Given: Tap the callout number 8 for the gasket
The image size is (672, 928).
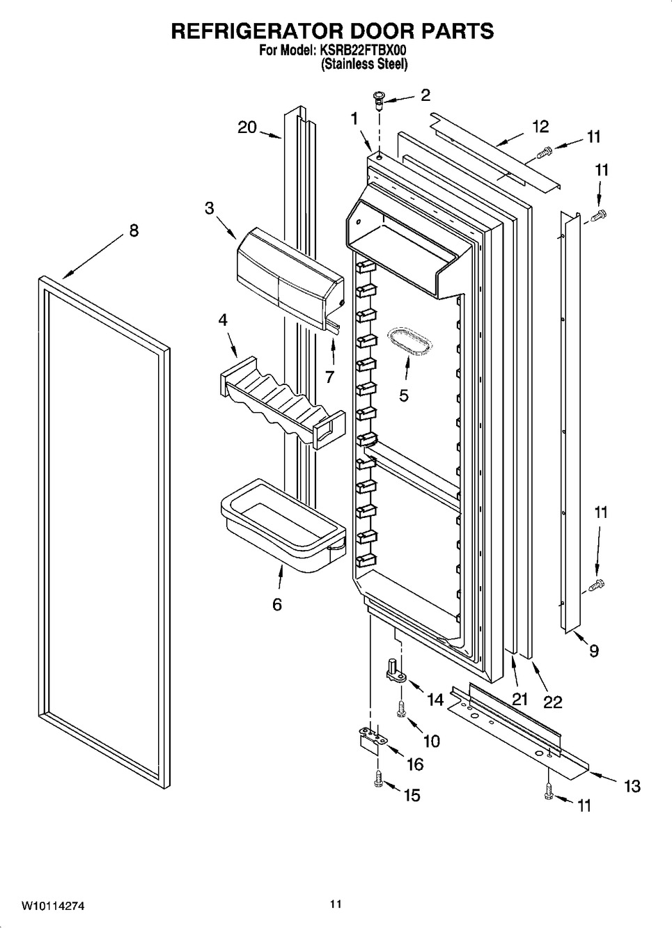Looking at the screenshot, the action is (134, 230).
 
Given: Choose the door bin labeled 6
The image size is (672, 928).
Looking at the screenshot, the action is (283, 526).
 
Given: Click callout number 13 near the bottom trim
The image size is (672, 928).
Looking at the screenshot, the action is (632, 786).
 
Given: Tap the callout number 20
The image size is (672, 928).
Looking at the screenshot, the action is (247, 127).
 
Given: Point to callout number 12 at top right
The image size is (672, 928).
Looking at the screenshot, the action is (540, 127).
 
